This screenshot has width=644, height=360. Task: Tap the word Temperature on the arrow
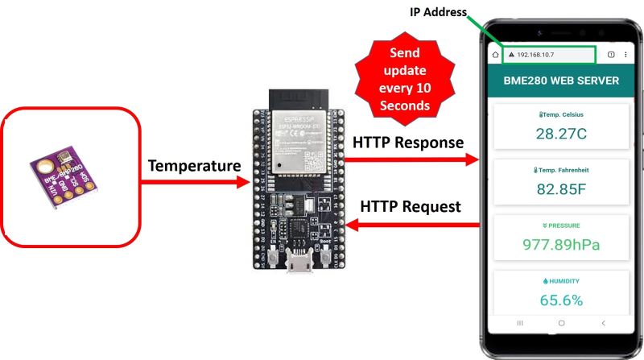click(194, 166)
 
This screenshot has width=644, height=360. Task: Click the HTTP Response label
click(408, 143)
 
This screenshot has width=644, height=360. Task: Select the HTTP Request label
click(411, 207)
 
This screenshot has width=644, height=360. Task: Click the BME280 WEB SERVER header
click(561, 81)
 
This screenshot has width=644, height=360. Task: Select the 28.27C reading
click(560, 134)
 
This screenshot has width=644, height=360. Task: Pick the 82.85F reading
click(560, 190)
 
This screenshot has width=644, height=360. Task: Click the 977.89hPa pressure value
click(560, 245)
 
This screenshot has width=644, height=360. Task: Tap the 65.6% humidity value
click(560, 300)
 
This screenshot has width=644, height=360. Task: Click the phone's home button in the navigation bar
click(561, 322)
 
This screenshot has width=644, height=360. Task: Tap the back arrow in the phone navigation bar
click(603, 322)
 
